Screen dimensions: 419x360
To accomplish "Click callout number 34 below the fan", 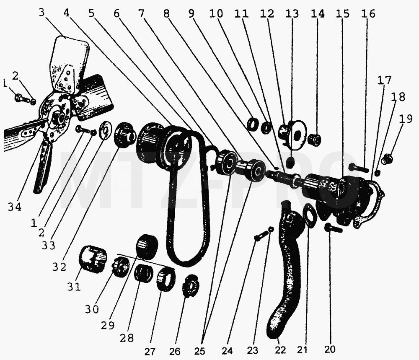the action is (x=14, y=207).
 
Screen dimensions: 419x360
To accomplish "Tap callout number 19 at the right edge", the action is (x=406, y=119).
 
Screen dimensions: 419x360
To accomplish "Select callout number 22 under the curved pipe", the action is (x=280, y=350).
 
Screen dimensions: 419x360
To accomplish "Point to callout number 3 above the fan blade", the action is (x=41, y=12).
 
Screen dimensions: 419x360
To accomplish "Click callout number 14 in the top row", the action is (x=318, y=13).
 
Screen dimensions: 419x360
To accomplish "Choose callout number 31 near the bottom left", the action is (x=74, y=287).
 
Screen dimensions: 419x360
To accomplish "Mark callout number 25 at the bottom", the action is (x=199, y=351).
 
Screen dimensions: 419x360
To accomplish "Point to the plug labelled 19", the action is (x=387, y=159).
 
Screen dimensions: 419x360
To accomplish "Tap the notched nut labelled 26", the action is (x=190, y=286).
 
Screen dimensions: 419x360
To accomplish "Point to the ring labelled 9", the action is (x=253, y=124).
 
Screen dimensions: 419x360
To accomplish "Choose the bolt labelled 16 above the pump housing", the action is (x=359, y=168).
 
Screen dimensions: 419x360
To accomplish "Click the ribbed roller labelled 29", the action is (x=147, y=246).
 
